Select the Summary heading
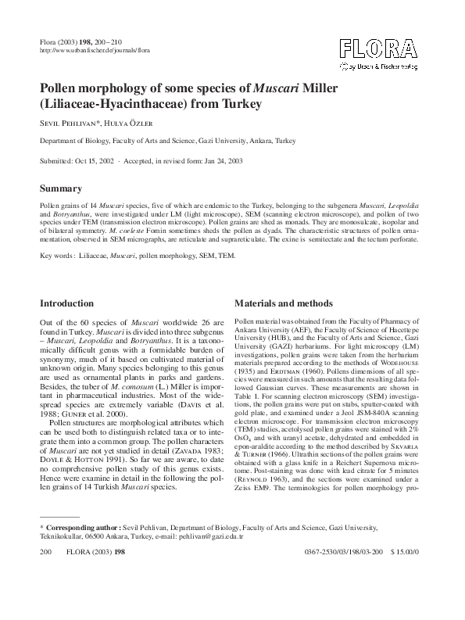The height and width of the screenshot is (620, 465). coord(60,188)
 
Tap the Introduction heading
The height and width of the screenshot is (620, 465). coord(72,303)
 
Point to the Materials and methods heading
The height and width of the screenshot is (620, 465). coord(284,303)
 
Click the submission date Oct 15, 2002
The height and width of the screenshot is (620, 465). coord(93,159)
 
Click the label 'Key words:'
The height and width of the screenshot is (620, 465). coord(57,255)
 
